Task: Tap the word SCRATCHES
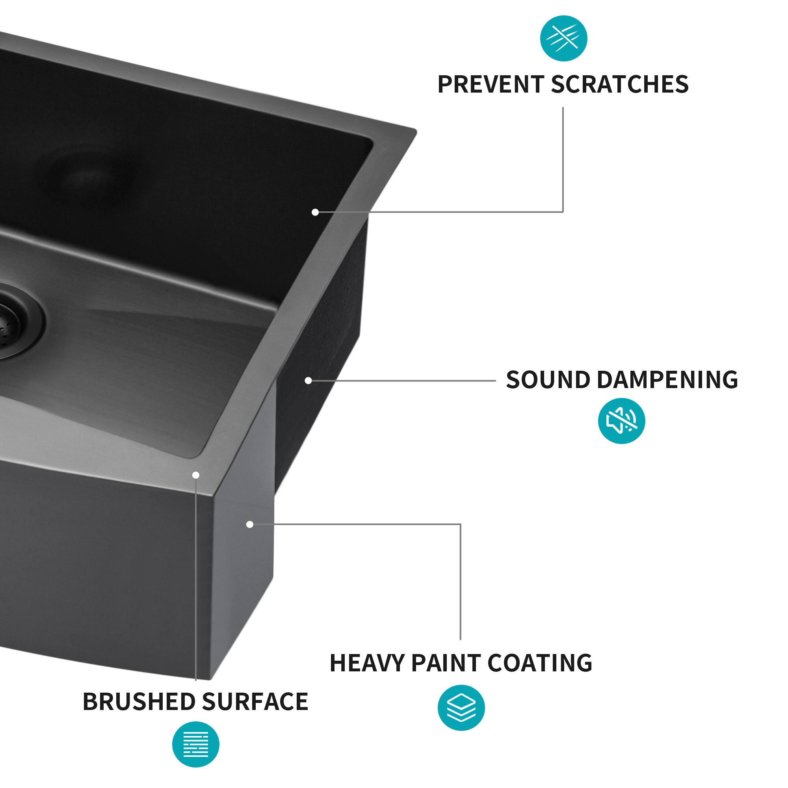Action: click(619, 84)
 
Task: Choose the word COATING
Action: click(540, 663)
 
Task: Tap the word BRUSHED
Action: click(139, 702)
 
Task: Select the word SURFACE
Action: click(255, 702)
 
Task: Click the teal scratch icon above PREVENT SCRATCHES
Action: click(564, 38)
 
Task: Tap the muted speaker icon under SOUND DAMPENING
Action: click(621, 421)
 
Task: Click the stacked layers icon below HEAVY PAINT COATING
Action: click(461, 708)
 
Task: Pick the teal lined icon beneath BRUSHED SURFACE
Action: click(196, 744)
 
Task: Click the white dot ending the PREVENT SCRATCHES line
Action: click(315, 212)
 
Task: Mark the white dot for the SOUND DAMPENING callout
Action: click(309, 381)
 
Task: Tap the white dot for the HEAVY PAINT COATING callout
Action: click(250, 524)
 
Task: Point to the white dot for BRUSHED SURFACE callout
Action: click(196, 475)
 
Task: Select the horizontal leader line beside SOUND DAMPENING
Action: click(404, 381)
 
